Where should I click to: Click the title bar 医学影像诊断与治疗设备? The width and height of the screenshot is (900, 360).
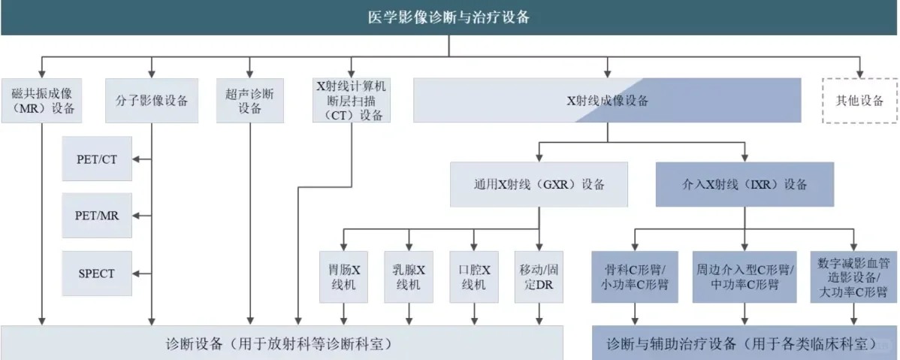[x=449, y=17]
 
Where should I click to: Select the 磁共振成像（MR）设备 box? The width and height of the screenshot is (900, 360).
[x=44, y=101]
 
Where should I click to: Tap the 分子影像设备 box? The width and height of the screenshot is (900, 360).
[x=152, y=101]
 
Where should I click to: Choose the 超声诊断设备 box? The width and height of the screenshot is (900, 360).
[x=250, y=101]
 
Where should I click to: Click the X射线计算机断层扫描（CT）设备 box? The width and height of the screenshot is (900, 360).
[x=351, y=101]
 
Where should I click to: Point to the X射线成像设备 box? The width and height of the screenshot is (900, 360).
[x=607, y=101]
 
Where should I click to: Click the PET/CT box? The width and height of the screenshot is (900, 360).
[x=97, y=159]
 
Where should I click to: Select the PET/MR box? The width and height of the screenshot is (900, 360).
[x=97, y=216]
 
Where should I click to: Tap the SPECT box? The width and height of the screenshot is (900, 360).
[x=97, y=273]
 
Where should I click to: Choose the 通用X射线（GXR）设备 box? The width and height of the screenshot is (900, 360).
[x=539, y=184]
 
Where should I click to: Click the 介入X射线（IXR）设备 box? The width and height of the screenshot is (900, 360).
[x=744, y=184]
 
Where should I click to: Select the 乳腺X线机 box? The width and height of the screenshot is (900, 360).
[x=409, y=277]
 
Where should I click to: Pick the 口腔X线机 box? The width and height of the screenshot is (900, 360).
[x=474, y=277]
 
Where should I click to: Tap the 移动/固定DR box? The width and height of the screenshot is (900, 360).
[x=539, y=277]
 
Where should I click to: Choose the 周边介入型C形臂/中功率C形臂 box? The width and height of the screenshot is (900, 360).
[x=744, y=277]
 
